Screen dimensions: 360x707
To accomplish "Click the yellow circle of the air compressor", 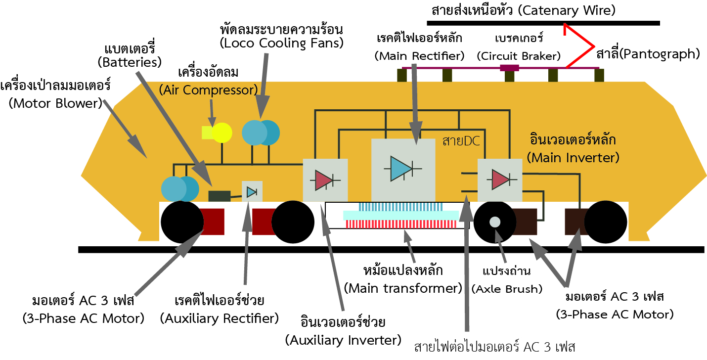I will click(221, 133).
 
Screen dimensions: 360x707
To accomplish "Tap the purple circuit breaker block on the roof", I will click(509, 68).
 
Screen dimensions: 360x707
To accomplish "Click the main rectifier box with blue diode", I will click(403, 168).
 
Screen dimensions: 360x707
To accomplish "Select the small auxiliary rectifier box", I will click(252, 191).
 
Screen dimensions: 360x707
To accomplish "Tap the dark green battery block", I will click(219, 196).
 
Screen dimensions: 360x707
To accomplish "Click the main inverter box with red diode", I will click(499, 180).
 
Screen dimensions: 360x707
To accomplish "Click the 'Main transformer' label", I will click(403, 287).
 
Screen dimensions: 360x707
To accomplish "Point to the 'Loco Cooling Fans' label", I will click(282, 43).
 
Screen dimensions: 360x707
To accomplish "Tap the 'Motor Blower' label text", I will click(55, 103).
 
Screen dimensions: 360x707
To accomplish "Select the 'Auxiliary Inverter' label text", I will click(343, 340).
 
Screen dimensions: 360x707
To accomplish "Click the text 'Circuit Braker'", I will click(519, 56).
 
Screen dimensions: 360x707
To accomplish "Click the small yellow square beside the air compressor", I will click(207, 133).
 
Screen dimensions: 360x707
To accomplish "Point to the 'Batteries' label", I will click(130, 62).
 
